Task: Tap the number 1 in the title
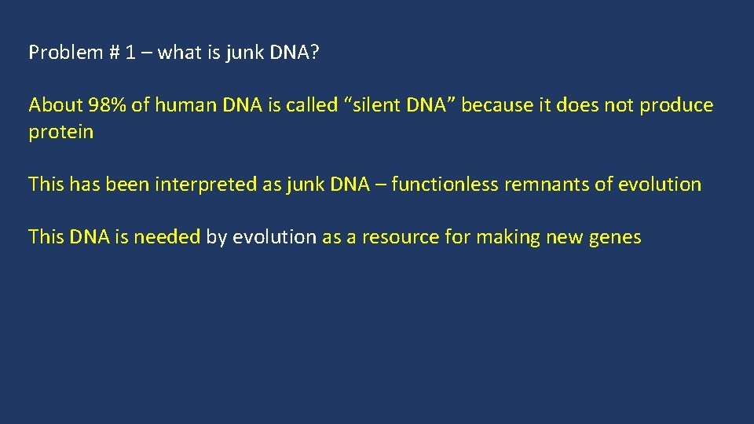pos(131,53)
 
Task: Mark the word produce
pos(676,105)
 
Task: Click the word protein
pos(60,132)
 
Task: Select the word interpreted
pos(196,185)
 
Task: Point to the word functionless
pos(445,185)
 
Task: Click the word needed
pos(167,237)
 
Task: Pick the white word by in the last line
pos(215,237)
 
